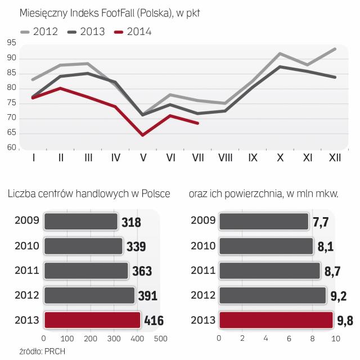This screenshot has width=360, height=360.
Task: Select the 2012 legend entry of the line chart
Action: (x=39, y=31)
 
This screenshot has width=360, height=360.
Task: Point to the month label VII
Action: (x=198, y=159)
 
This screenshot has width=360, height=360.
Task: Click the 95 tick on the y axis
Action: (x=11, y=43)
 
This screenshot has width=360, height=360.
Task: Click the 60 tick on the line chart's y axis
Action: (x=11, y=147)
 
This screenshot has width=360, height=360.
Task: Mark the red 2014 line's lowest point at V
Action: (x=143, y=135)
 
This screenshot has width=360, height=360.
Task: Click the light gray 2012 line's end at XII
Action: (x=336, y=49)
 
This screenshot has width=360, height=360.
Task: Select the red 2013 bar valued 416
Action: (x=92, y=320)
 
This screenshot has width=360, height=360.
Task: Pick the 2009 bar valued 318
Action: (x=80, y=220)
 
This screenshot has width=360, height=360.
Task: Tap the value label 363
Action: (x=142, y=271)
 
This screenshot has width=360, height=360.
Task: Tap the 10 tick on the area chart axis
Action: (x=336, y=339)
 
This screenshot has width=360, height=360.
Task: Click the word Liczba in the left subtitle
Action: (x=22, y=195)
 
